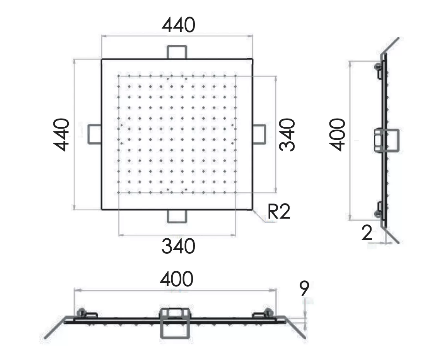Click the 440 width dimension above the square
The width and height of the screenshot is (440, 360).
click(178, 25)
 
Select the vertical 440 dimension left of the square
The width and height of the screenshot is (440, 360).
click(61, 134)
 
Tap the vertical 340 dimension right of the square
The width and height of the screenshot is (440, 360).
click(287, 134)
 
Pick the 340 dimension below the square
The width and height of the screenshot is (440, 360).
click(178, 246)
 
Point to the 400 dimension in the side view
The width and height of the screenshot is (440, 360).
click(337, 134)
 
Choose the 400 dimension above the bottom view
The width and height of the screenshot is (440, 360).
click(177, 279)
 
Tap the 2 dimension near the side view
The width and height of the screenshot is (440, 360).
click(367, 233)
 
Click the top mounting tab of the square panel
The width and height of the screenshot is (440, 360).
click(177, 52)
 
